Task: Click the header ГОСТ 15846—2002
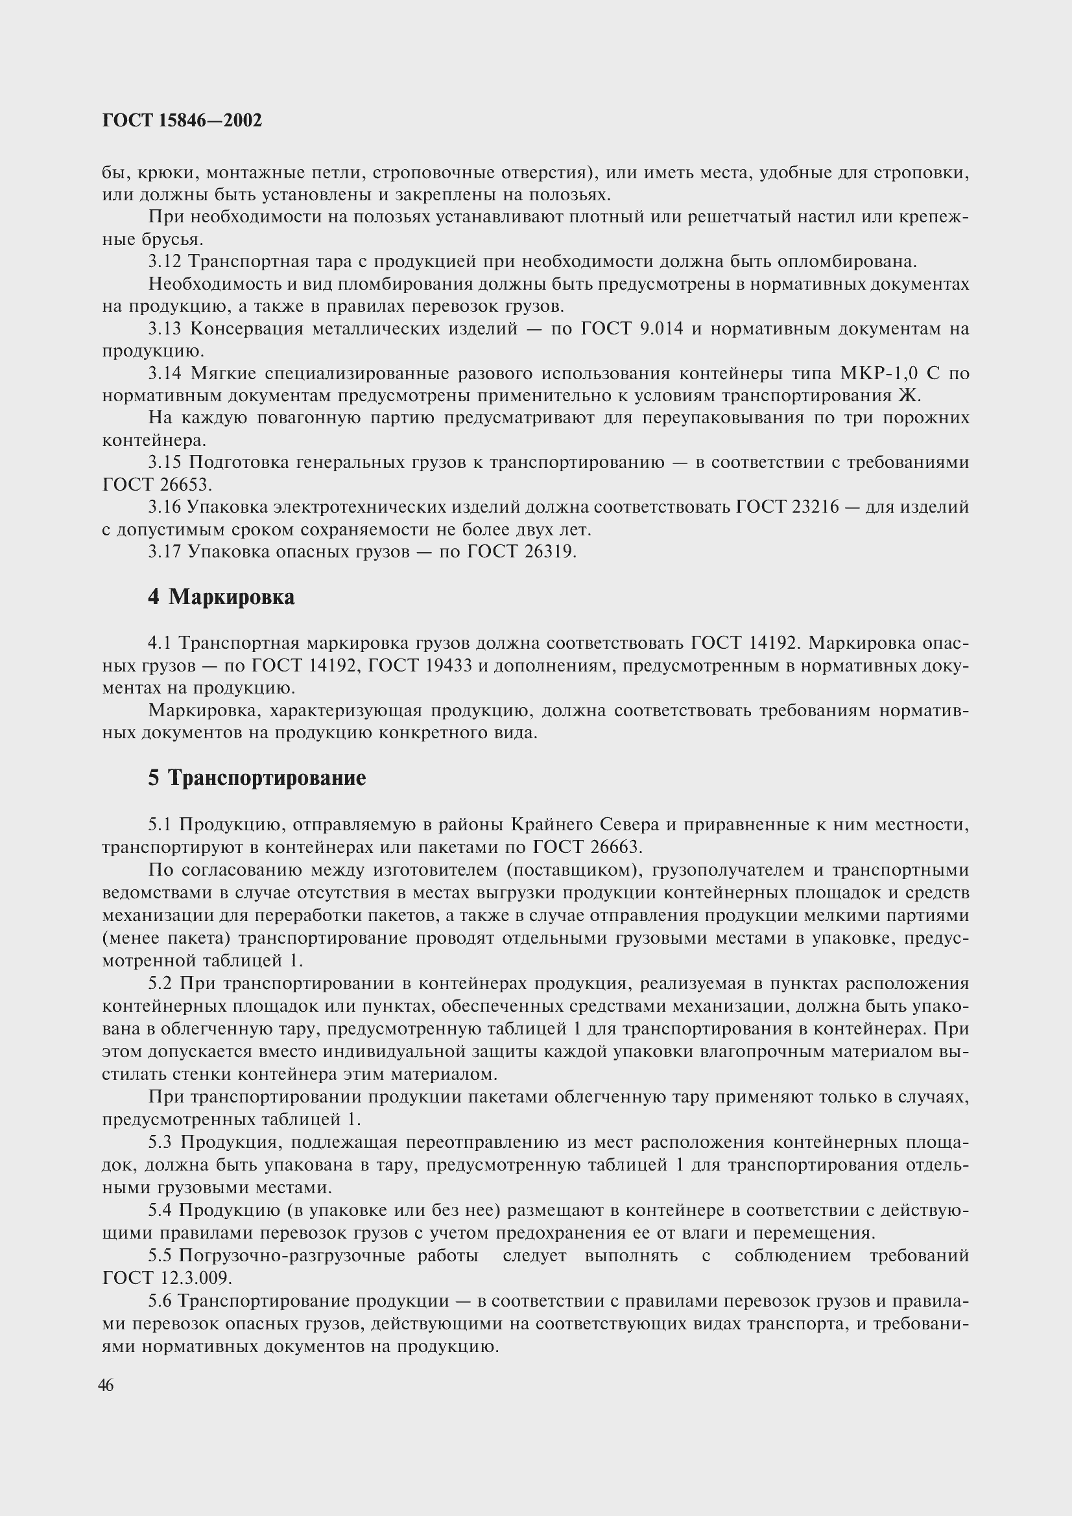tap(182, 120)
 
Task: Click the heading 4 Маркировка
tap(221, 597)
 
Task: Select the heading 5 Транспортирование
tap(257, 778)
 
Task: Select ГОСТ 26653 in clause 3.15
tap(157, 485)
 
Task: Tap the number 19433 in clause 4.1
tap(449, 666)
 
